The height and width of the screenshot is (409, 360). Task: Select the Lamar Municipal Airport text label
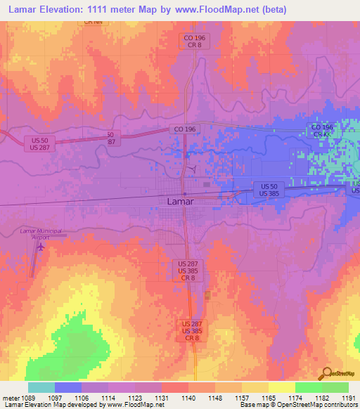click(41, 234)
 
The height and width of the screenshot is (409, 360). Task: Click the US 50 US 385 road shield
click(266, 188)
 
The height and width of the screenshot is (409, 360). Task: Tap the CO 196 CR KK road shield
click(322, 130)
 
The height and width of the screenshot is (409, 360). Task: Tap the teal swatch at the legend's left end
click(41, 387)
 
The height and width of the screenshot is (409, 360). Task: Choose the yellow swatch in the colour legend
click(281, 387)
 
